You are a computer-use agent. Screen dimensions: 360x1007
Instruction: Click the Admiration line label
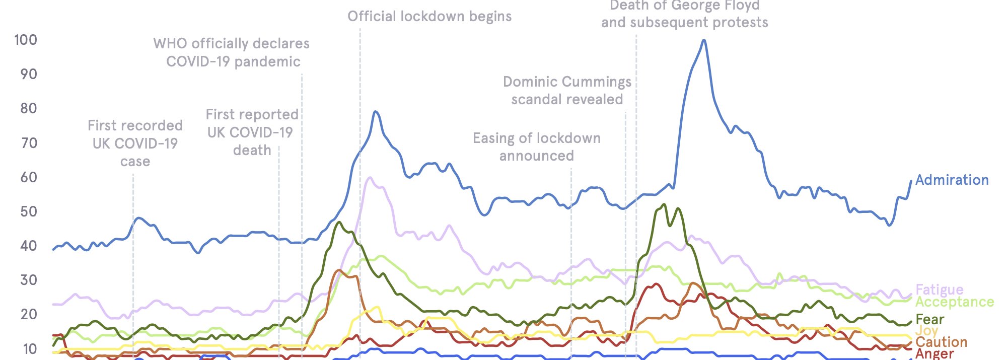coord(952,180)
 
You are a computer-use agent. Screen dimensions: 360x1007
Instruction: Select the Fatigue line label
coord(939,290)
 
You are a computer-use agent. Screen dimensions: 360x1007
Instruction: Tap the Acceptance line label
coord(954,302)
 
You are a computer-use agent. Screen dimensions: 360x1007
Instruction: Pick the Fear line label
coord(929,319)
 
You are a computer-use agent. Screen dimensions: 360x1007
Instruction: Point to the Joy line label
coord(926,330)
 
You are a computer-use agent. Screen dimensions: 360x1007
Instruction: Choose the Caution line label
coord(941,342)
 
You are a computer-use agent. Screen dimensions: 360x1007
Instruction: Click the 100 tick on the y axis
coord(26,40)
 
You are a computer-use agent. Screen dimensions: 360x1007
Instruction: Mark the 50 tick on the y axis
coord(28,211)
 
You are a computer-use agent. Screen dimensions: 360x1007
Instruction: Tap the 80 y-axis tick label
coord(28,108)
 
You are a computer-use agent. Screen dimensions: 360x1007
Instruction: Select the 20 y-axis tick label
coord(28,314)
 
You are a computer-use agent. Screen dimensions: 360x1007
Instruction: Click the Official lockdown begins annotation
coord(429,16)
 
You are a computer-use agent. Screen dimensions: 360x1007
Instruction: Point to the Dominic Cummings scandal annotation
coord(567,90)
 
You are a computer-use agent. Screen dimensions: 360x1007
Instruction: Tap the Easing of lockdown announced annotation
coord(536,147)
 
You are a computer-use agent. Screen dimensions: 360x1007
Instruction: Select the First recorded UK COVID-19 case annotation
coord(135,143)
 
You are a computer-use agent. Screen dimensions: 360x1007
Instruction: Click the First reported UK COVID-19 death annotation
coord(252,132)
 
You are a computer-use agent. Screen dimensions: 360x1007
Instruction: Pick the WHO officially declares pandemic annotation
coord(232,52)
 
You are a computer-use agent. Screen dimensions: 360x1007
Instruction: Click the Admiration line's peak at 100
coord(703,41)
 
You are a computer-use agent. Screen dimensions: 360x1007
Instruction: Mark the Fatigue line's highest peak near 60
coord(370,178)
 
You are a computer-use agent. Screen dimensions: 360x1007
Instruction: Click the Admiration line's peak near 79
coord(375,112)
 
